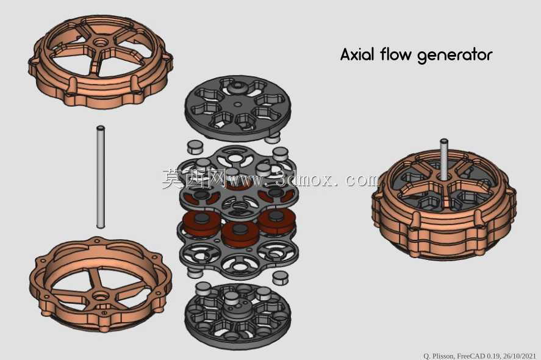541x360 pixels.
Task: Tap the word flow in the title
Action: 396,54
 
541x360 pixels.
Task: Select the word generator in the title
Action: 455,56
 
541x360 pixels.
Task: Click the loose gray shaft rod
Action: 101,177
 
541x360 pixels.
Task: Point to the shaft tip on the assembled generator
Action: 443,141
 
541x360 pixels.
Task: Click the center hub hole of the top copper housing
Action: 101,43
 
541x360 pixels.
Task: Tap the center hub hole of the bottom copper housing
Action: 101,296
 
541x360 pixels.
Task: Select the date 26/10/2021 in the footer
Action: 520,356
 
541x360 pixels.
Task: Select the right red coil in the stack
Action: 276,221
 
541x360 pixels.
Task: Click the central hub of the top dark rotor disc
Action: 237,86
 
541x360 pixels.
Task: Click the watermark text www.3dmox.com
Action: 304,179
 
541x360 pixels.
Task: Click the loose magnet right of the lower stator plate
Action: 280,278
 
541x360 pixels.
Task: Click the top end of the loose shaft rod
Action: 101,128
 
